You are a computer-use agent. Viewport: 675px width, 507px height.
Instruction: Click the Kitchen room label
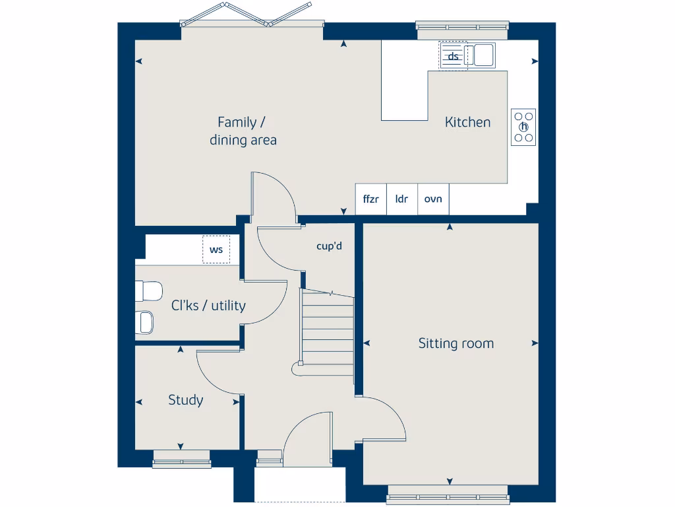tap(467, 122)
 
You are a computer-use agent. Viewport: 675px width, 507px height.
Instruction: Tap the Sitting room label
tap(455, 343)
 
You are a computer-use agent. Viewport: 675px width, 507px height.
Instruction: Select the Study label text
tap(185, 400)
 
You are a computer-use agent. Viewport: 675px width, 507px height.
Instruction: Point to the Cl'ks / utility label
tap(208, 306)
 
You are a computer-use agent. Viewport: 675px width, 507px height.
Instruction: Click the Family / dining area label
tap(243, 131)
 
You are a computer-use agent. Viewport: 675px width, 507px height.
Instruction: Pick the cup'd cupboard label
tap(329, 246)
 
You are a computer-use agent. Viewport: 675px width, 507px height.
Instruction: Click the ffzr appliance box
tap(370, 199)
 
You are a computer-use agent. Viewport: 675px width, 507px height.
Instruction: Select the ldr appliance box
tap(401, 199)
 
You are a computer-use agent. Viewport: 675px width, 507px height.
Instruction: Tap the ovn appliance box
tap(433, 199)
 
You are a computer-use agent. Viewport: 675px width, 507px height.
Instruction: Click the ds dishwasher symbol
tap(453, 55)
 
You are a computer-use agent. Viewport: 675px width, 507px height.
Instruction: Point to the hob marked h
tap(524, 127)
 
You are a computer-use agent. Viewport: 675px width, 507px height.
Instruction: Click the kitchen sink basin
tap(483, 55)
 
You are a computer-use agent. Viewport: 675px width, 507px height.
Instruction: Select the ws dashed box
tap(216, 250)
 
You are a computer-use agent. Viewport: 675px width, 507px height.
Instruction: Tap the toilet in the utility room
tap(149, 290)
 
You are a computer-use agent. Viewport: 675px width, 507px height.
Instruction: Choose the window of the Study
tap(181, 461)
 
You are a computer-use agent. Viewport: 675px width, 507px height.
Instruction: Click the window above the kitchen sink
tap(462, 27)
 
